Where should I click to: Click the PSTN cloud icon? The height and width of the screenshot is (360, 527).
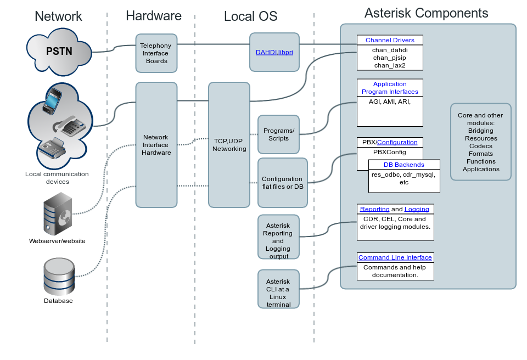click(59, 53)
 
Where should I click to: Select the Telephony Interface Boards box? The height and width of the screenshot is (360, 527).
click(156, 53)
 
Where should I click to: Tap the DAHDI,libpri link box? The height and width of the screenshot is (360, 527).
click(274, 52)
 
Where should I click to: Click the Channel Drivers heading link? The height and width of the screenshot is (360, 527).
click(390, 40)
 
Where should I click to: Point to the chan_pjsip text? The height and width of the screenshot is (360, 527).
click(390, 57)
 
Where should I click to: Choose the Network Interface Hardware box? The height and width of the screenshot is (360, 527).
click(156, 145)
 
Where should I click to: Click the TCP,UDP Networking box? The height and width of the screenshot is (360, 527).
click(229, 145)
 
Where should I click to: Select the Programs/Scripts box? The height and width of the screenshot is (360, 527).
click(278, 134)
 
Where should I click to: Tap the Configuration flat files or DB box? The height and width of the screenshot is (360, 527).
click(282, 183)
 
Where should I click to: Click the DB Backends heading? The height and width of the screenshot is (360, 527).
click(403, 165)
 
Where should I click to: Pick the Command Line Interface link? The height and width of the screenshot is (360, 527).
click(395, 257)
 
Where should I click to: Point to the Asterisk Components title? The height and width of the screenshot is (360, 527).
click(426, 13)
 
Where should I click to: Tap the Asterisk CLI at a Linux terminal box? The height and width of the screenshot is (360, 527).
click(278, 289)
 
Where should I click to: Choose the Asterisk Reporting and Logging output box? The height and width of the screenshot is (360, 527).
click(278, 237)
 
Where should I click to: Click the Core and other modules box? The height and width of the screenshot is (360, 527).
click(480, 142)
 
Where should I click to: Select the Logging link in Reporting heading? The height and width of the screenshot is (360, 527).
click(417, 209)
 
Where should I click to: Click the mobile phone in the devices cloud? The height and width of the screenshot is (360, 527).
click(53, 100)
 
